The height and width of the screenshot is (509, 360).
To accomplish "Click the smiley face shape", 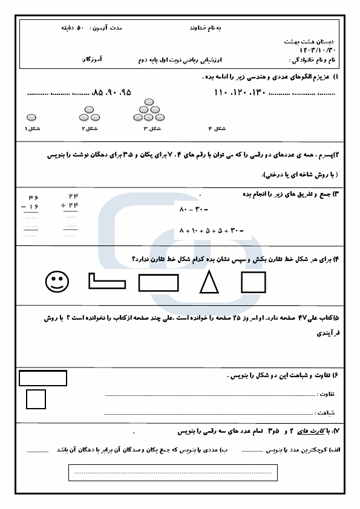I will (x=57, y=282).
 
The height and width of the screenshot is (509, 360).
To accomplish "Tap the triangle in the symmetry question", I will (x=209, y=282).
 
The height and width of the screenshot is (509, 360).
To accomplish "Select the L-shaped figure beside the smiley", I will (x=107, y=280).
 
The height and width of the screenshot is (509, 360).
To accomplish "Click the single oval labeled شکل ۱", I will (x=31, y=117).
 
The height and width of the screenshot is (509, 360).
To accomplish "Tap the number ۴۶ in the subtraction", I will (x=32, y=198).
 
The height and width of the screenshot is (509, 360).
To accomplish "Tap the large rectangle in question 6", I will (x=43, y=378).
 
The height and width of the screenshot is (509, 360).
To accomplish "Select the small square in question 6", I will (x=36, y=399).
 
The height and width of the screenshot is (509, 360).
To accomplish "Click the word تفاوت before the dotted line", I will (x=326, y=395).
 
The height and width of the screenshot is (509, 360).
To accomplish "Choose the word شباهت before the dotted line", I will (x=326, y=412).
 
